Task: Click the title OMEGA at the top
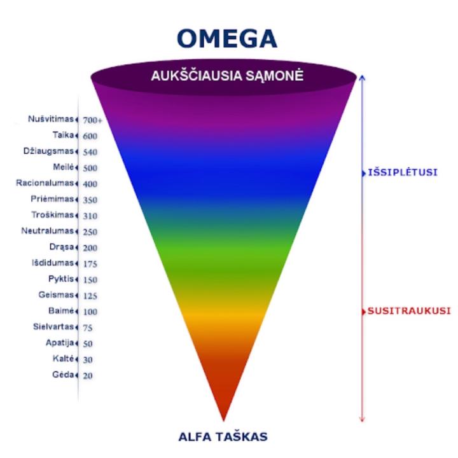click(x=226, y=38)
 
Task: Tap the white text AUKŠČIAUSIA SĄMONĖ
click(x=227, y=76)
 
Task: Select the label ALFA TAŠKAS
click(x=223, y=437)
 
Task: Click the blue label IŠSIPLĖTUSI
click(x=403, y=172)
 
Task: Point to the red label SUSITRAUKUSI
click(x=409, y=311)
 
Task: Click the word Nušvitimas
click(x=51, y=119)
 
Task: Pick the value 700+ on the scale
click(x=93, y=120)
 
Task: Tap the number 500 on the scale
click(x=90, y=168)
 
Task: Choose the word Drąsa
click(x=62, y=247)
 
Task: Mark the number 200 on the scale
click(x=90, y=248)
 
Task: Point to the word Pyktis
click(x=61, y=279)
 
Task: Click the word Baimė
click(x=62, y=311)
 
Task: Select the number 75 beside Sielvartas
click(x=88, y=328)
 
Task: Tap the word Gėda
click(x=64, y=375)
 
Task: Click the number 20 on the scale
click(x=87, y=375)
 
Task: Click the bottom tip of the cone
click(x=223, y=420)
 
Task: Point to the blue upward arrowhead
click(x=362, y=78)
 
